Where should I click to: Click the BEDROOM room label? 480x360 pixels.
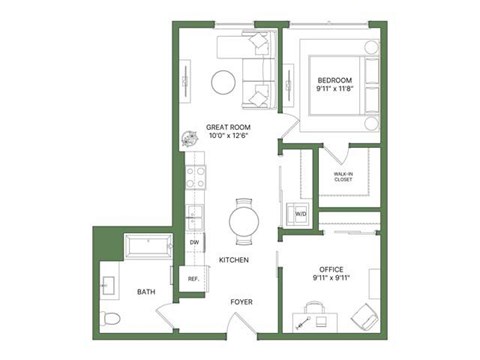point(334,80)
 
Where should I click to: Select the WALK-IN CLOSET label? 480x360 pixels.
point(343,178)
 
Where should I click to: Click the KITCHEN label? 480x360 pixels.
point(233,260)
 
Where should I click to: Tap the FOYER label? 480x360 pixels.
point(241,301)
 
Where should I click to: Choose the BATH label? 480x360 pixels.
point(146,292)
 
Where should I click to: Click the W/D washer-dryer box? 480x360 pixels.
point(300,214)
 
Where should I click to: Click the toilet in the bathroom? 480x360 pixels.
point(112,319)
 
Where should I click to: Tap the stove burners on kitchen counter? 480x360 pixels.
point(195,178)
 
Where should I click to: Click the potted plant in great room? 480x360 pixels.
point(189,141)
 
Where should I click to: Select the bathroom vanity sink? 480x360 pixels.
point(108,286)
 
